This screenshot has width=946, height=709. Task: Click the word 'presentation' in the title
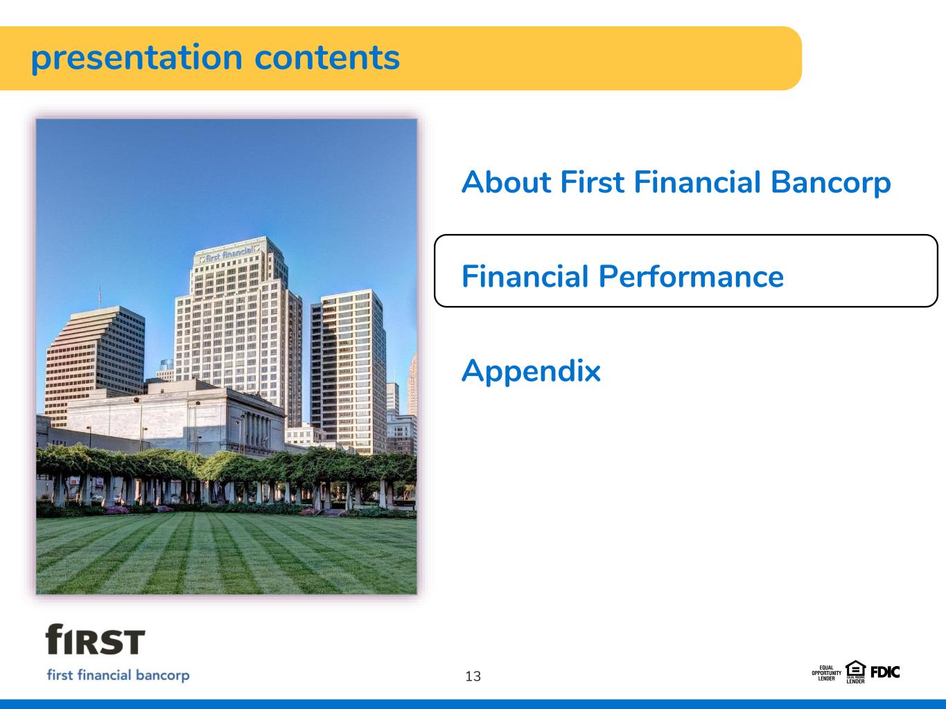tap(137, 59)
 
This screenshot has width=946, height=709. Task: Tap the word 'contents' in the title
tap(327, 57)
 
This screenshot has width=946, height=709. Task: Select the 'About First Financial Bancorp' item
tap(676, 183)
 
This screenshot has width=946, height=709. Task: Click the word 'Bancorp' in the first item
tap(830, 183)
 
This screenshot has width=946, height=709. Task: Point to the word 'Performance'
tap(691, 276)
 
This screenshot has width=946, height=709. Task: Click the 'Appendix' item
tap(531, 371)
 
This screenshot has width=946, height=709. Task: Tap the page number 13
tap(473, 676)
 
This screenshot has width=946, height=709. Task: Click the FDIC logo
tap(885, 672)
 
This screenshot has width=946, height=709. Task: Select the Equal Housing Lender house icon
tap(855, 672)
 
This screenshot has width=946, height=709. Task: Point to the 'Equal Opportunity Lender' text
tap(826, 673)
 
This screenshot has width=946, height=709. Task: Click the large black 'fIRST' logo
tap(95, 639)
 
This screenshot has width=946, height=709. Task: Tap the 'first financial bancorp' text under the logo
tap(118, 676)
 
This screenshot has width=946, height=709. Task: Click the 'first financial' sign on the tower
tap(229, 254)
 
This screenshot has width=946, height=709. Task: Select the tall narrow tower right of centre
tap(348, 371)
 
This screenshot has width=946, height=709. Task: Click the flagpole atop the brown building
tap(100, 297)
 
